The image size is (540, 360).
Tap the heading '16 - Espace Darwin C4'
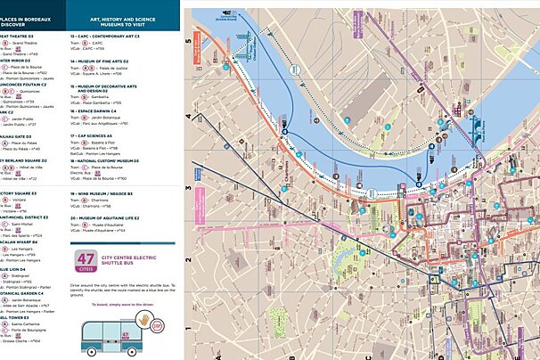coord(99,110)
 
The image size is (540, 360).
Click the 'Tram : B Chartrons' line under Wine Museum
coord(92,200)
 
